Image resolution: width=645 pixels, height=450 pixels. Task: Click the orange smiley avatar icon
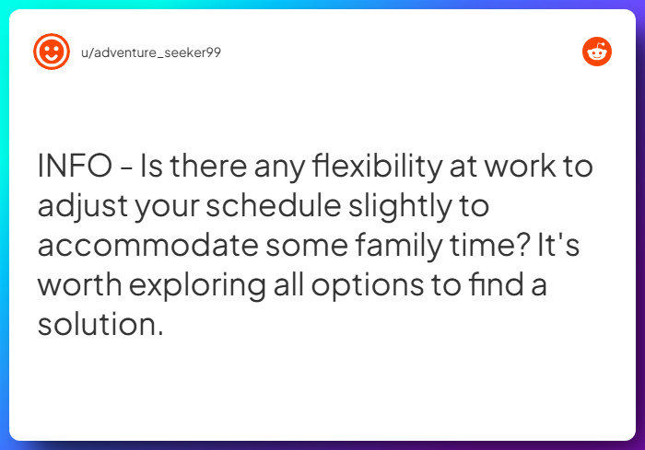52,52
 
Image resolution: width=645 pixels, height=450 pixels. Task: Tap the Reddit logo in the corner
597,52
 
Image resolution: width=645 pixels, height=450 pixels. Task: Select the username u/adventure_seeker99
151,52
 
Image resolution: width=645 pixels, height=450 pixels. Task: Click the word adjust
82,207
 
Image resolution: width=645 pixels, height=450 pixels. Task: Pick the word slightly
437,207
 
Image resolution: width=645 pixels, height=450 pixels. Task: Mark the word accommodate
137,246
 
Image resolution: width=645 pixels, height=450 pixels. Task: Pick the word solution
100,324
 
